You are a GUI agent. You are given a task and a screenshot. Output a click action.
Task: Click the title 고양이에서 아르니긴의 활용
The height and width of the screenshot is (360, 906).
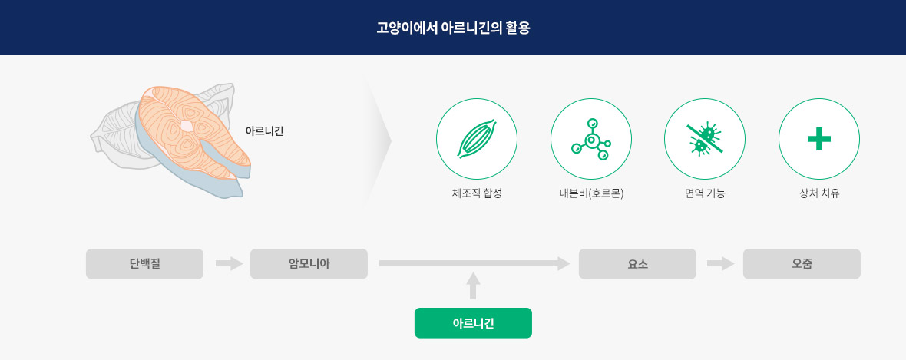tap(453, 28)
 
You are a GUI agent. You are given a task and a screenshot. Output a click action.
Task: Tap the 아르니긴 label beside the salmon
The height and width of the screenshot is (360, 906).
tap(265, 131)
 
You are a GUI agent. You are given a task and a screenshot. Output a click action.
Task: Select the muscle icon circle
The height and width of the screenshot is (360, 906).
tap(477, 139)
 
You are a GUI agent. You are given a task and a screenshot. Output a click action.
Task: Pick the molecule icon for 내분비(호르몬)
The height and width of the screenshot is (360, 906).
tap(591, 139)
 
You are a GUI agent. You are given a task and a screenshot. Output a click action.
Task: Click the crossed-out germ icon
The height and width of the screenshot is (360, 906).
tap(705, 139)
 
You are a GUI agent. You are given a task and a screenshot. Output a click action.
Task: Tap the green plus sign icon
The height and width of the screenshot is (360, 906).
tap(819, 139)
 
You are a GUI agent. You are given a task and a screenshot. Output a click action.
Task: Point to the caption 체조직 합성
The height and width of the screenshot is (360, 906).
tap(477, 193)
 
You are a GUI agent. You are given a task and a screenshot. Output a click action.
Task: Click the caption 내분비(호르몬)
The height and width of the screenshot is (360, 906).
tap(591, 193)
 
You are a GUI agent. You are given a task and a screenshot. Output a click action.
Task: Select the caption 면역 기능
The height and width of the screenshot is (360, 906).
tap(705, 193)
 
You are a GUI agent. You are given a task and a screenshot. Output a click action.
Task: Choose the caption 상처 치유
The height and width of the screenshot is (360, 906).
tap(819, 193)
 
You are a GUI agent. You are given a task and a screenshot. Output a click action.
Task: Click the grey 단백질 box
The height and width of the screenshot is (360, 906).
tap(144, 264)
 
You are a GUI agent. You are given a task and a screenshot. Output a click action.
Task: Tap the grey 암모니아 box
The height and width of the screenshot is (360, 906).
tap(309, 264)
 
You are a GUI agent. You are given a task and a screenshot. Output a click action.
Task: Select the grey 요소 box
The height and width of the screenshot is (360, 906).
tap(637, 264)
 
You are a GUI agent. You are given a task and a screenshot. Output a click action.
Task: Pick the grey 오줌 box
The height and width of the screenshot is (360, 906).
tap(802, 264)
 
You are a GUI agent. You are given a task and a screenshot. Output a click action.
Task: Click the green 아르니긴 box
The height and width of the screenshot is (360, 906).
tap(473, 323)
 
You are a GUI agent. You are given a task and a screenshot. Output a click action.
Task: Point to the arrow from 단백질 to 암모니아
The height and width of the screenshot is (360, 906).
tap(230, 264)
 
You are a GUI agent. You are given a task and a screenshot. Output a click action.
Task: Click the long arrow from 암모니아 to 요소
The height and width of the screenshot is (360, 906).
tap(474, 264)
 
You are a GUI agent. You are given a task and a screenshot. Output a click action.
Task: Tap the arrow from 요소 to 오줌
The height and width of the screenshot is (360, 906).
tap(720, 264)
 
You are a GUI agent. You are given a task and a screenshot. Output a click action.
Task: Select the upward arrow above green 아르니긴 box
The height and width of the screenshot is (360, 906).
tap(473, 286)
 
